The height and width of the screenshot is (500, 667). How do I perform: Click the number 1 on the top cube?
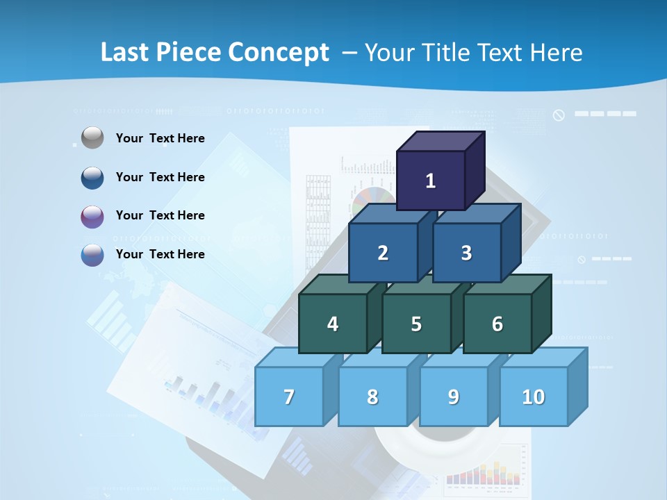pos(431,181)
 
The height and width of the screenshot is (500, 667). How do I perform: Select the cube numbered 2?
pos(383,253)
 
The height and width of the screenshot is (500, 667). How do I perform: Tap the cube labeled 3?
pos(466,253)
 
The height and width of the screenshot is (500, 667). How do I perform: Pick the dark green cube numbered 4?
pos(333,324)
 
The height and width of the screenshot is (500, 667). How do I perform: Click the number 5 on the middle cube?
pos(416,324)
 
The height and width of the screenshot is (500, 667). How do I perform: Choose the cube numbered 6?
pos(497,324)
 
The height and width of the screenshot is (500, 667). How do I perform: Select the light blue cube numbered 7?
pos(289,397)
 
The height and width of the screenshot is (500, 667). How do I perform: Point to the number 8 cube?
pos(372,397)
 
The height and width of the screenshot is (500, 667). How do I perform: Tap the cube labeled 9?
pos(453,397)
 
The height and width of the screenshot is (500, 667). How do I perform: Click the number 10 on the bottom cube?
pos(533,397)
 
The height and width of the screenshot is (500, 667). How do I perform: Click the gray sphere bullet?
pos(92,138)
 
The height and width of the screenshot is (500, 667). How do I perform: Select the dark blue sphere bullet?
pos(92,178)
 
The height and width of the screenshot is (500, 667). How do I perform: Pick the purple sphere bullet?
pos(92,217)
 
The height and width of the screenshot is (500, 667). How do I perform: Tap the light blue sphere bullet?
pos(92,255)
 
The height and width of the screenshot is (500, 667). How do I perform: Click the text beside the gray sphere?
pos(160,138)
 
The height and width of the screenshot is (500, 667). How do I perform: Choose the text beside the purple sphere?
pos(160,215)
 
